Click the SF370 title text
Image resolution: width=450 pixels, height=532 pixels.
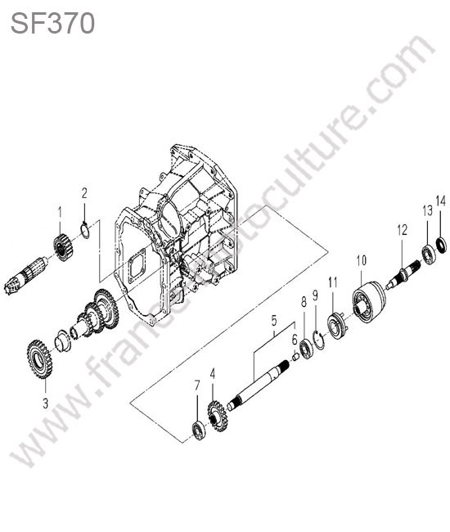(x=52, y=24)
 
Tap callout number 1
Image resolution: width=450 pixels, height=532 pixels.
(x=60, y=214)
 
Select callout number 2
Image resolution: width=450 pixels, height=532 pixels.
(x=84, y=193)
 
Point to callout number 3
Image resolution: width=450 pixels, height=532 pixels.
(x=45, y=404)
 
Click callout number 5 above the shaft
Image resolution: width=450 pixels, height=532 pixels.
(x=274, y=321)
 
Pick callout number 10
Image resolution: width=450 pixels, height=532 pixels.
(x=361, y=260)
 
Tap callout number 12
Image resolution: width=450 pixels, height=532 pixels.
(x=403, y=230)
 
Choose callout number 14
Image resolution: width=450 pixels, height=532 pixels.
(x=440, y=201)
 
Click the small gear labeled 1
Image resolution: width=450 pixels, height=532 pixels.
(x=62, y=248)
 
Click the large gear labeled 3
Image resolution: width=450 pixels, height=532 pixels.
(x=39, y=359)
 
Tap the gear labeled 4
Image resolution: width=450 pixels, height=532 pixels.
(x=217, y=416)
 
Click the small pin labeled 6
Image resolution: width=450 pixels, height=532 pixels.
(x=295, y=358)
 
